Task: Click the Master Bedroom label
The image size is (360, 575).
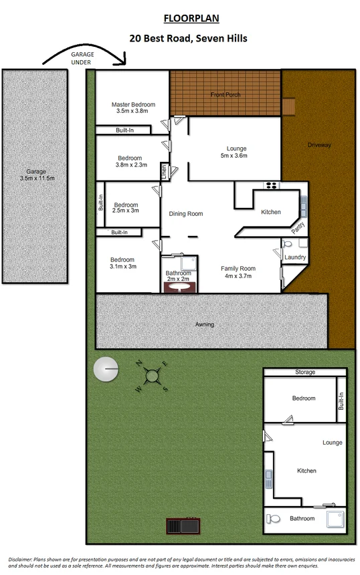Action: click(133, 105)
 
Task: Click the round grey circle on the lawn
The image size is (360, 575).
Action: click(105, 368)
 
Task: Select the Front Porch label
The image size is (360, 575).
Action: click(225, 95)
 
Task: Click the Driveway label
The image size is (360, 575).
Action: click(319, 145)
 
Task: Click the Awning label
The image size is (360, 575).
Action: click(205, 324)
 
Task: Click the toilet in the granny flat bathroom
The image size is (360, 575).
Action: click(273, 517)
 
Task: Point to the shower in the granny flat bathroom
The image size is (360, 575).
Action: click(335, 518)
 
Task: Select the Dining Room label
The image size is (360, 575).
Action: click(186, 214)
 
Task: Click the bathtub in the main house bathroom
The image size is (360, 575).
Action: click(178, 286)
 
